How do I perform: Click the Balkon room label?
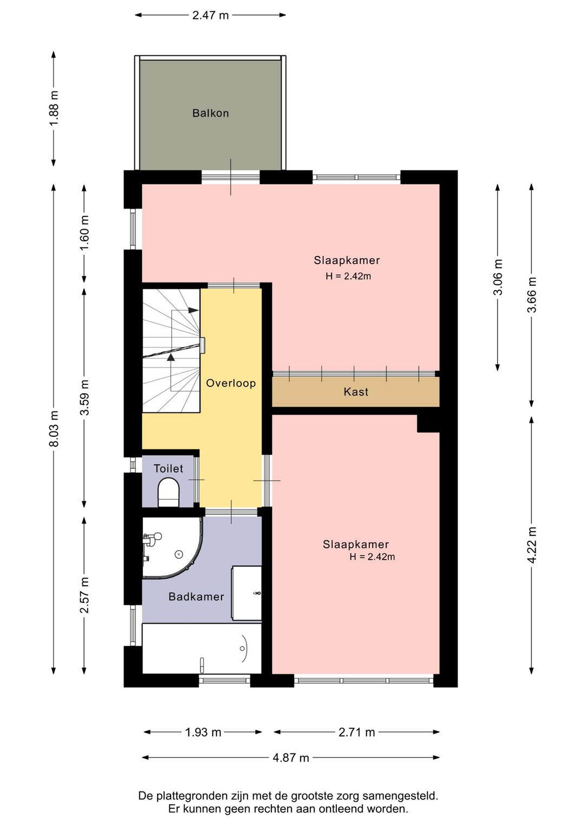click(x=210, y=113)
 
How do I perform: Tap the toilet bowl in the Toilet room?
click(x=168, y=492)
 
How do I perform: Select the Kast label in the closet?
click(x=356, y=391)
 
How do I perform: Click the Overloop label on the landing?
click(x=231, y=383)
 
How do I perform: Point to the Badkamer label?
click(x=196, y=596)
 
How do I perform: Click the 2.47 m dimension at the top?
click(x=210, y=15)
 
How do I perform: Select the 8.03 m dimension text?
click(x=54, y=428)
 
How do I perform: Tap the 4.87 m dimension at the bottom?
click(x=291, y=758)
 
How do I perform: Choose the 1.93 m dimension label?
click(x=203, y=732)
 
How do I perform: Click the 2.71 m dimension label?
click(x=356, y=732)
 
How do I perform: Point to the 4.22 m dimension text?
click(x=532, y=545)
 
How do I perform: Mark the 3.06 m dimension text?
click(x=498, y=277)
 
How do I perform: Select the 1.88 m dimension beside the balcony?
click(x=54, y=108)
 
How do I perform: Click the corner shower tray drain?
click(x=179, y=554)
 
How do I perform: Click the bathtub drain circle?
click(x=243, y=648)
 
